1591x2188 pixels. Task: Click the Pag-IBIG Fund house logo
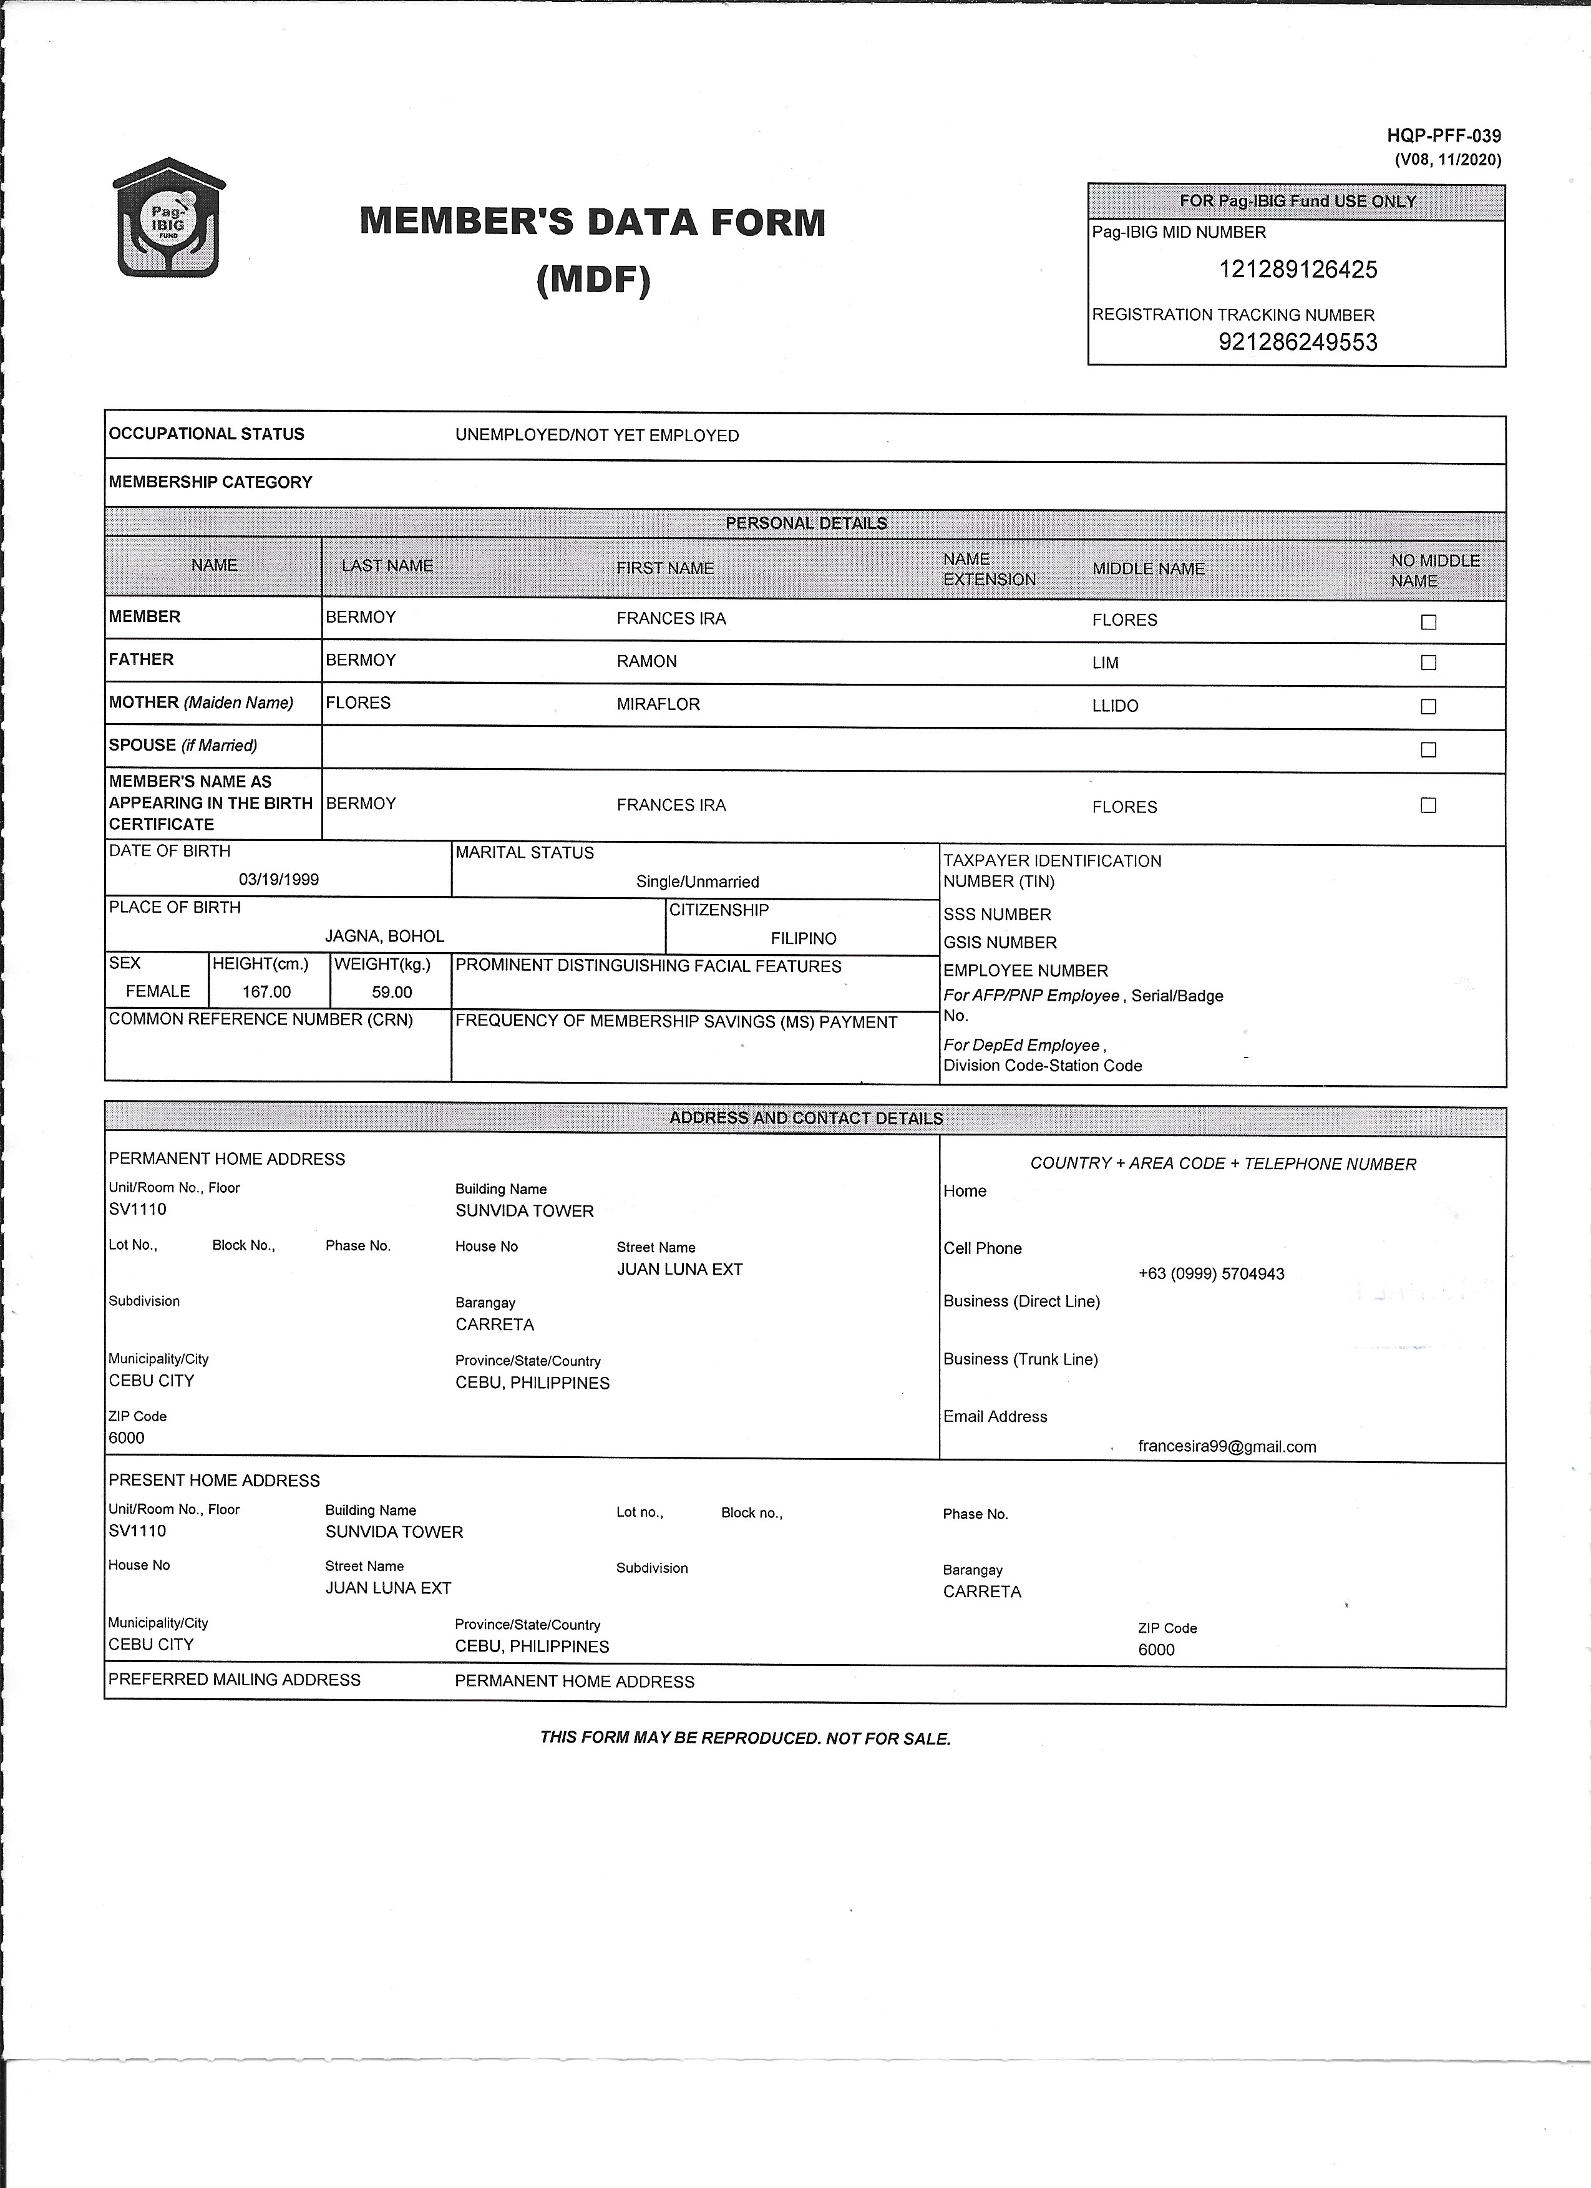coord(169,218)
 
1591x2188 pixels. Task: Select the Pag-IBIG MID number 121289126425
coord(1298,270)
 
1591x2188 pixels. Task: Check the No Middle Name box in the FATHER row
coord(1429,663)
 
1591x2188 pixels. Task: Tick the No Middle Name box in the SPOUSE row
coord(1429,749)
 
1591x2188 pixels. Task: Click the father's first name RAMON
coord(646,662)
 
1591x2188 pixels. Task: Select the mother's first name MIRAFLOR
coord(658,704)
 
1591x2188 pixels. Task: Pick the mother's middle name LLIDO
coord(1114,706)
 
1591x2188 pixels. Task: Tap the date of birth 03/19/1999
coord(279,880)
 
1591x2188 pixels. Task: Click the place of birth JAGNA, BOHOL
coord(384,936)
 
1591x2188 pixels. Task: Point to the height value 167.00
coord(266,992)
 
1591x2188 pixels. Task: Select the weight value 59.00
coord(392,992)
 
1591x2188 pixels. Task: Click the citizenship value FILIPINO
coord(803,939)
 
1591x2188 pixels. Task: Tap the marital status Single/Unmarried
coord(696,882)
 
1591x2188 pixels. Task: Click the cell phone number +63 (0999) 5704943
coord(1211,1273)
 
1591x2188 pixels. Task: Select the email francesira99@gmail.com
coord(1226,1446)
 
